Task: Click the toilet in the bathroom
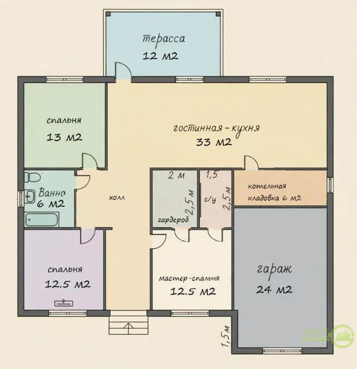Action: (x=33, y=177)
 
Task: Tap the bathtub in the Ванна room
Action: (x=42, y=219)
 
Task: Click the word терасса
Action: (x=164, y=39)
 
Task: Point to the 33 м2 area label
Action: (x=214, y=142)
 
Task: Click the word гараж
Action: (x=275, y=269)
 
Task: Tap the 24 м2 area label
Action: (x=274, y=289)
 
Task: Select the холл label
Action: (x=117, y=198)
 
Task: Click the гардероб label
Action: (x=173, y=220)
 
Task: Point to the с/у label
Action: (x=210, y=200)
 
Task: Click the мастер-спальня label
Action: (x=189, y=278)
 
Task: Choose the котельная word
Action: (x=267, y=186)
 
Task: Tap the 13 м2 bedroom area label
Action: (x=65, y=137)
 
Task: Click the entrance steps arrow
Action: (x=129, y=328)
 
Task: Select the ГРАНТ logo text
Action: (x=316, y=332)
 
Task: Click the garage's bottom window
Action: (x=282, y=351)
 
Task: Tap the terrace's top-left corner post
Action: (x=108, y=14)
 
